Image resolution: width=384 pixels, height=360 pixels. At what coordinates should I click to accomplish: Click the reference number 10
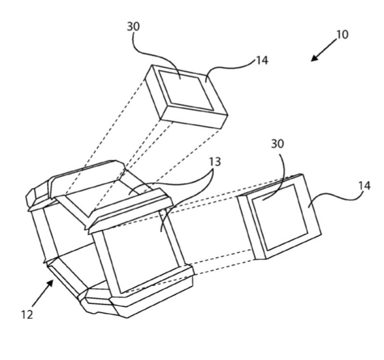(x=342, y=35)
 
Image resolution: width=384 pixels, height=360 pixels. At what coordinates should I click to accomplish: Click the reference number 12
(x=27, y=315)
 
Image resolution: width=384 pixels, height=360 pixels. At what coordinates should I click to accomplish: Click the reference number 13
(x=215, y=162)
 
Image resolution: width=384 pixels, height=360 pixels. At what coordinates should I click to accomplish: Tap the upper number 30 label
(x=133, y=26)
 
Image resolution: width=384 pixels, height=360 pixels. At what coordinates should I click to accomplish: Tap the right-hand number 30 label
(x=278, y=144)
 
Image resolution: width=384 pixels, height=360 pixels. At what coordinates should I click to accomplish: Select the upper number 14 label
(x=262, y=60)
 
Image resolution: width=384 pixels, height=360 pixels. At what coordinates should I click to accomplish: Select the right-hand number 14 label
(x=365, y=185)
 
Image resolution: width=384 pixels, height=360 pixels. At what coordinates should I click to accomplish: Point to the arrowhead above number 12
(x=50, y=284)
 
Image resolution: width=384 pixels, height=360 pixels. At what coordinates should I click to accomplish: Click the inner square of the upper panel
(x=186, y=90)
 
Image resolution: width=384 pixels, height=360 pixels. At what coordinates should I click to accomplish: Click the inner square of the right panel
(x=280, y=217)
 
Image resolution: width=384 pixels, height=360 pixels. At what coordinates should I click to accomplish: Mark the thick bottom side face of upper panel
(x=194, y=118)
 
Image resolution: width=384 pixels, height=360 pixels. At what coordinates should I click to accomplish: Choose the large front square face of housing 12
(x=142, y=252)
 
